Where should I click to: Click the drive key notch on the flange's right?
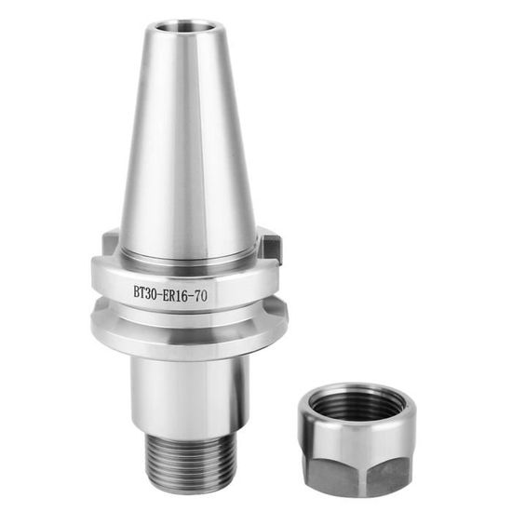[270, 247]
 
